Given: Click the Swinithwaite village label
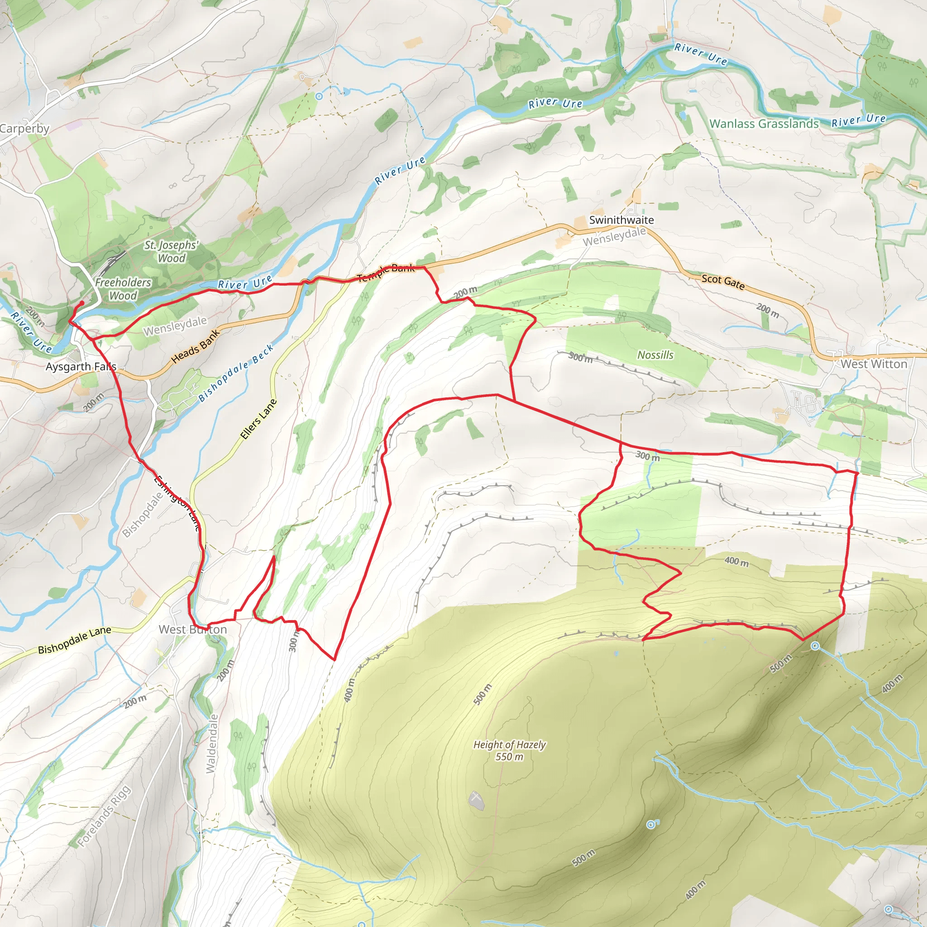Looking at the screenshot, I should [621, 220].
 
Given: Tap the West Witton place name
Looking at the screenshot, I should [873, 364].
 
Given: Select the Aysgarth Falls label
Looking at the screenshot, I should [81, 367].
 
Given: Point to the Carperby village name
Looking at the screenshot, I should [24, 129].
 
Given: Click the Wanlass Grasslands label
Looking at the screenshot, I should [764, 124].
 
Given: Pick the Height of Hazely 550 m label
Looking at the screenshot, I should [509, 750].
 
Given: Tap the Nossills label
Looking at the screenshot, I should [655, 355].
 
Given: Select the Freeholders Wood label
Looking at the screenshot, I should [123, 289].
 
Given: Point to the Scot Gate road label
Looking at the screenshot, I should [722, 282].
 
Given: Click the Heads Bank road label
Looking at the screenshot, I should [195, 345].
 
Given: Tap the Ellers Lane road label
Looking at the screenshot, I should [258, 419].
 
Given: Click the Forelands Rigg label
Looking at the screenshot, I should [104, 816].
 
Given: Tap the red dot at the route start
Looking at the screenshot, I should [81, 303].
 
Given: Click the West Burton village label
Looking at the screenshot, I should [192, 630].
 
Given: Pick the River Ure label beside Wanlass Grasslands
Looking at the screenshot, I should [858, 120].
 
